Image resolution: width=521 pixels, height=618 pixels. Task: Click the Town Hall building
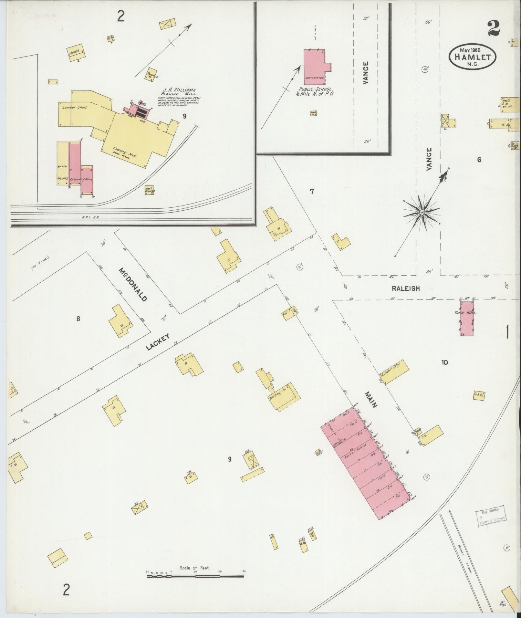pyautogui.click(x=467, y=318)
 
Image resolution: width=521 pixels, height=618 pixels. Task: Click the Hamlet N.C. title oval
pyautogui.click(x=472, y=57)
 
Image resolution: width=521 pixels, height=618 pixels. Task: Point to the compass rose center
pyautogui.click(x=422, y=212)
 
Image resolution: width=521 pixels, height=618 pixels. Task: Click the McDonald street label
pyautogui.click(x=133, y=284)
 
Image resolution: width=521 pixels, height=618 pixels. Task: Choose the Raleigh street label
pyautogui.click(x=406, y=288)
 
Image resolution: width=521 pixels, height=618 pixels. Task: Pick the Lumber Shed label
pyautogui.click(x=75, y=107)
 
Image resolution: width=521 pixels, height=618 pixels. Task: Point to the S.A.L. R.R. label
pyautogui.click(x=91, y=217)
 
